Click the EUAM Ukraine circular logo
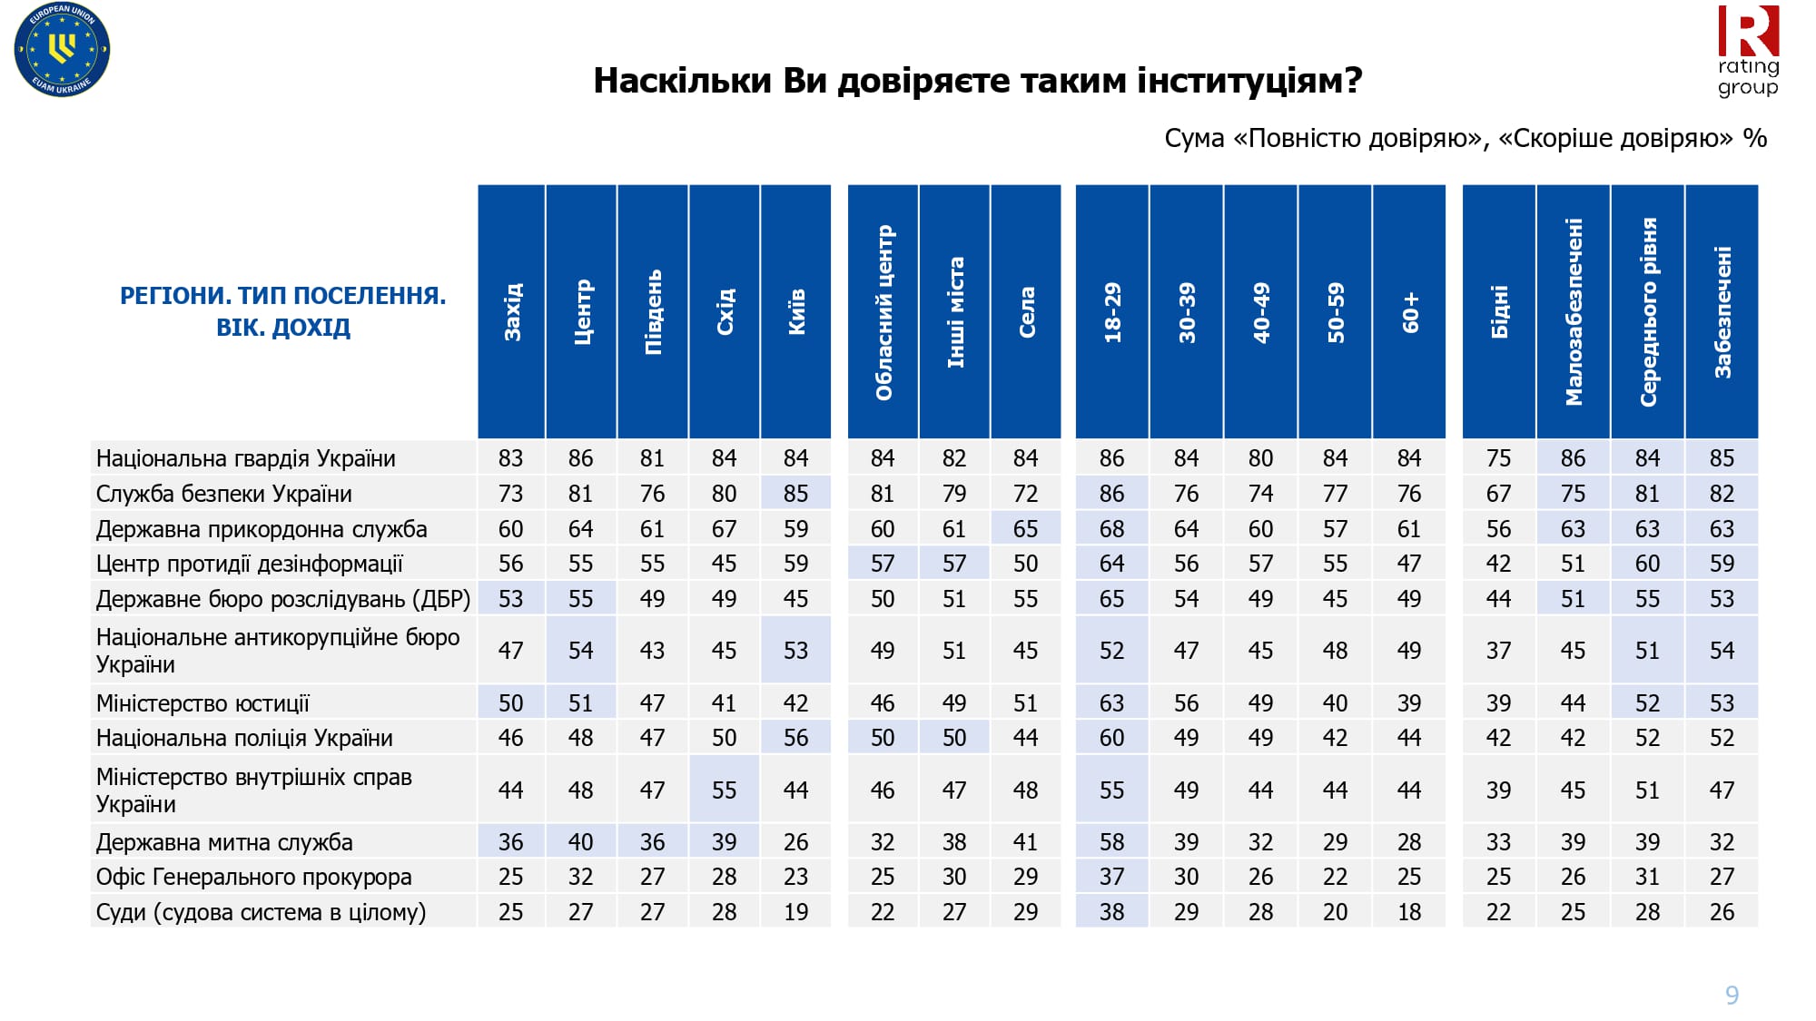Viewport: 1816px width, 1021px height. click(x=62, y=50)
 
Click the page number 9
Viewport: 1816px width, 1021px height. click(x=1732, y=996)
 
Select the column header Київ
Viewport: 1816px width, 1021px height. click(x=796, y=311)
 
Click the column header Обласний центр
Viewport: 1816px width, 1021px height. click(x=883, y=311)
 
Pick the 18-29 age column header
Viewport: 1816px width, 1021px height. click(x=1112, y=311)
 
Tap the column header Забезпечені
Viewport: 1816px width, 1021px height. click(x=1722, y=311)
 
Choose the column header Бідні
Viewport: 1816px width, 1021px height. click(x=1499, y=311)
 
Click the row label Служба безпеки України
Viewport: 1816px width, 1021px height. click(x=224, y=494)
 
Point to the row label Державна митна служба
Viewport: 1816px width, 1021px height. click(x=224, y=842)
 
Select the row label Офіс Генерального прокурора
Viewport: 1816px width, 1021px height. click(x=254, y=877)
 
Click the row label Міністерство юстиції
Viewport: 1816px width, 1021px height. click(x=202, y=703)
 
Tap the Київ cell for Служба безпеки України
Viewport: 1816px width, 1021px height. click(x=796, y=494)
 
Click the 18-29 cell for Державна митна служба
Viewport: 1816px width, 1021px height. click(x=1112, y=842)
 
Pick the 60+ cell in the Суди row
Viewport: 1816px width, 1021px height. click(x=1409, y=912)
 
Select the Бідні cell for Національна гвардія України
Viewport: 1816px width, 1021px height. click(x=1499, y=458)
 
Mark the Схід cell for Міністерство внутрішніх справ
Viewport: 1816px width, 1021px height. click(x=725, y=790)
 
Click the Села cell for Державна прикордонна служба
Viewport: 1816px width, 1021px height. click(x=1026, y=529)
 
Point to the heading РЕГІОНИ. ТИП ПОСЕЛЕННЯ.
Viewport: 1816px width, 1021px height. click(x=283, y=296)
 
